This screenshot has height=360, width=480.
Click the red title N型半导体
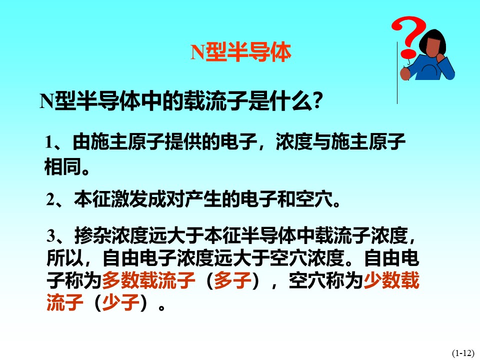(x=240, y=52)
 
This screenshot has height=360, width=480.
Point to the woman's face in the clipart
(x=434, y=48)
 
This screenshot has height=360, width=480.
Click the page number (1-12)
(x=463, y=353)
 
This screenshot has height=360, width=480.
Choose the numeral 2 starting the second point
(x=50, y=199)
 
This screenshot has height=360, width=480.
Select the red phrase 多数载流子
(x=148, y=280)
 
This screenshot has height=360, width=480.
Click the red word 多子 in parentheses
(x=232, y=280)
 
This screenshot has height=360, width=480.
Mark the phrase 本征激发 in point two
(x=111, y=199)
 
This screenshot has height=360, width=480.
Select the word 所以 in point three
(x=65, y=258)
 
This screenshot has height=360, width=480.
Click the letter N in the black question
(x=47, y=101)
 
